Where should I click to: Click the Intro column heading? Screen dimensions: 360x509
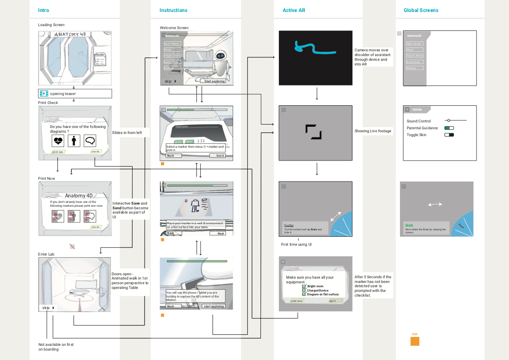click(x=44, y=10)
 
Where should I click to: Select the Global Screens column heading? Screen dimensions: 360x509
click(x=421, y=10)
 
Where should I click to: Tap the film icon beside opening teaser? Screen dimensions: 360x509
click(x=44, y=93)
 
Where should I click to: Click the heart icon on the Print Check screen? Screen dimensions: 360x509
click(x=58, y=140)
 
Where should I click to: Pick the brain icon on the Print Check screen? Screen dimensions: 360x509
click(x=90, y=140)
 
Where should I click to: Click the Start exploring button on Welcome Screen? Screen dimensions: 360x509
click(x=213, y=81)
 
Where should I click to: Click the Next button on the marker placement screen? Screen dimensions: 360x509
click(x=217, y=233)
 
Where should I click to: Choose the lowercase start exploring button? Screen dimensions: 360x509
click(x=213, y=306)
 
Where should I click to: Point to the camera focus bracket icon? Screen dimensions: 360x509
click(x=314, y=132)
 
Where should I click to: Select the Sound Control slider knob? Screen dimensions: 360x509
click(x=449, y=120)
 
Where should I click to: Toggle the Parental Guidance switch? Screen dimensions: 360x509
click(x=449, y=128)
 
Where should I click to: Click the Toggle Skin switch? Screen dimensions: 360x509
click(x=449, y=135)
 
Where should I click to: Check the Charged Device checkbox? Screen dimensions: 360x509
click(x=304, y=290)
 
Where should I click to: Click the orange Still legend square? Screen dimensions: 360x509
click(x=415, y=341)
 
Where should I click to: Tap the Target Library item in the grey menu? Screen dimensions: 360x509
click(x=414, y=56)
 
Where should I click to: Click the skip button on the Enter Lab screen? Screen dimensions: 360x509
click(x=48, y=308)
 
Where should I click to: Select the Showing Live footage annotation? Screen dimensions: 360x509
click(x=373, y=131)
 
